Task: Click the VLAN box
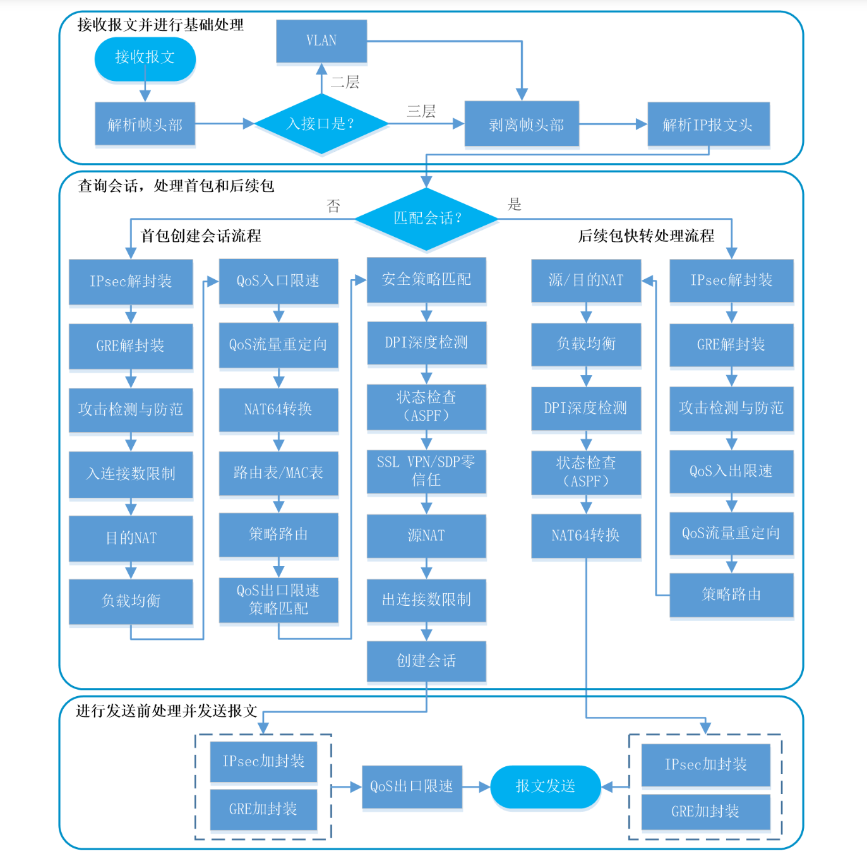[321, 41]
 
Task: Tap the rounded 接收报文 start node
[145, 57]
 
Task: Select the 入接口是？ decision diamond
[321, 124]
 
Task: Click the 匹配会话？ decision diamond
[427, 219]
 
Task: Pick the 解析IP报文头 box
[708, 125]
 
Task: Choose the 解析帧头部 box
[145, 125]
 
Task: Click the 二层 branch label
[345, 82]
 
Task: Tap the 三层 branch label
[421, 112]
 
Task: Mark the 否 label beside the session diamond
[333, 206]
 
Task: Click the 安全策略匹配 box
[426, 280]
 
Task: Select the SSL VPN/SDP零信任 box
[426, 471]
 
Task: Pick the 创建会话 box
[426, 661]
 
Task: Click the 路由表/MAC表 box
[278, 473]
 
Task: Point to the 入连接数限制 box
[131, 474]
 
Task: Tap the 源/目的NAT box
[586, 280]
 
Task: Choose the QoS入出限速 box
[731, 471]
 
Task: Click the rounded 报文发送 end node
[546, 786]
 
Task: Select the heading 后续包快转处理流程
[646, 236]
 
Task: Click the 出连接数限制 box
[426, 599]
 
